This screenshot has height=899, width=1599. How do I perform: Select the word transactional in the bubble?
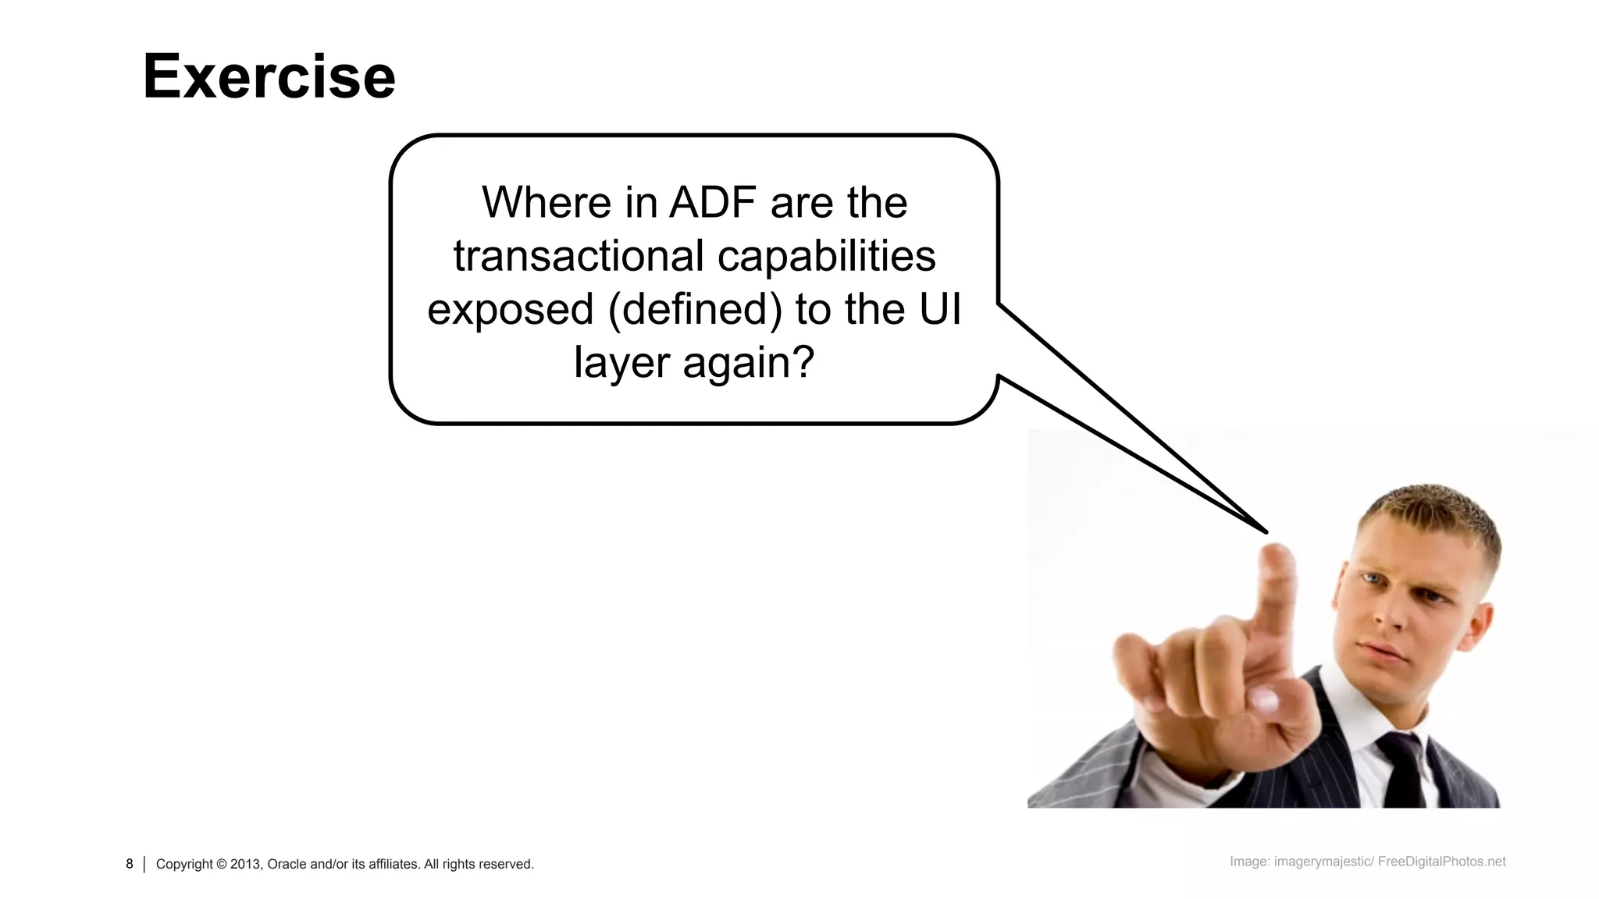(575, 256)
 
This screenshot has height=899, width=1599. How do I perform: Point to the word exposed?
(510, 309)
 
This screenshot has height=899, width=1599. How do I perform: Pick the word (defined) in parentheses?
(694, 309)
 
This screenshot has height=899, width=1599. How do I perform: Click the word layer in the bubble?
(621, 363)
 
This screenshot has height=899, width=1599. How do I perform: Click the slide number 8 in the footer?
(130, 864)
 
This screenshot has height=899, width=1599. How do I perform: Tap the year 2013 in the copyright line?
(245, 864)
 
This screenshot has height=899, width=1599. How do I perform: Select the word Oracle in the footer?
(287, 864)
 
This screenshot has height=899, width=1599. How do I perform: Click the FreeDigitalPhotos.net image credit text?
(1441, 862)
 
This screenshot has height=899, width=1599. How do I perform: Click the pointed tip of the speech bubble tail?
(1265, 532)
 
